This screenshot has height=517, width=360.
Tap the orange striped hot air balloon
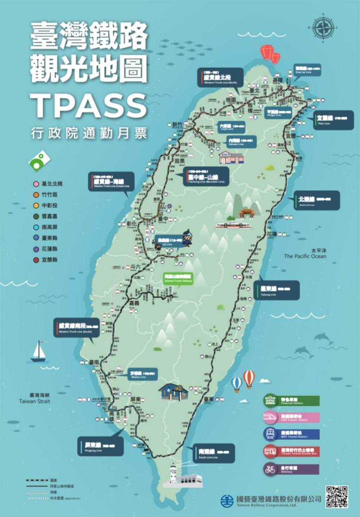(x=248, y=378)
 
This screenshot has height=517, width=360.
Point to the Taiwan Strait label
(x=35, y=398)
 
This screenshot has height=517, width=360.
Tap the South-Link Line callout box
(x=216, y=453)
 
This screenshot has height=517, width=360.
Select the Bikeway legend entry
(x=291, y=469)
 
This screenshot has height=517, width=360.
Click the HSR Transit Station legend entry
(x=291, y=417)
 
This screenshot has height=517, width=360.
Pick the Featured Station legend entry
(x=291, y=400)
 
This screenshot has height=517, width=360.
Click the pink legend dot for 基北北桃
(x=35, y=184)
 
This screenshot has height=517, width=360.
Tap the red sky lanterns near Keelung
(x=270, y=54)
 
